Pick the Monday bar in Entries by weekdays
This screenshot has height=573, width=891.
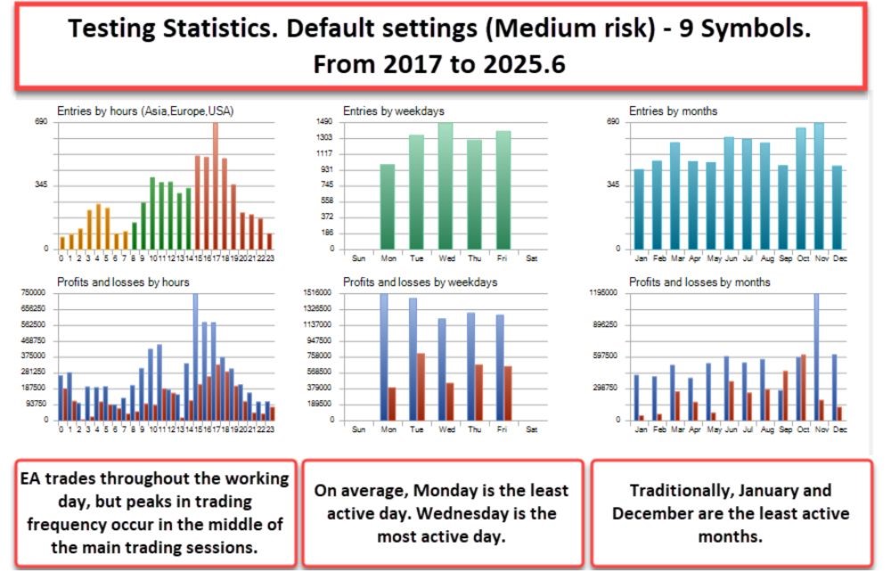[x=387, y=206]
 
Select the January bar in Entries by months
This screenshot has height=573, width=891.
[x=639, y=209]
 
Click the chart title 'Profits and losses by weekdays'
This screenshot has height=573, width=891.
[x=420, y=282]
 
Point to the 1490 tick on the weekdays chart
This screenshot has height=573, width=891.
[x=324, y=122]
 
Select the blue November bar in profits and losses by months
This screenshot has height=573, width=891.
[x=815, y=356]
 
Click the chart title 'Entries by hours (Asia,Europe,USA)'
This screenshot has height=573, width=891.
[x=145, y=111]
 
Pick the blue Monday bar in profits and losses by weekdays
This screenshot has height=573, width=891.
[x=384, y=356]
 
